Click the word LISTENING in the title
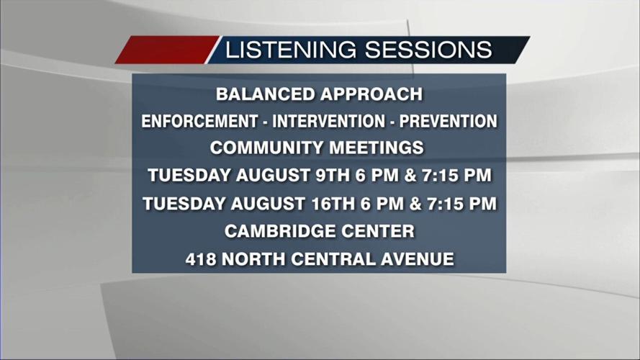tap(291, 50)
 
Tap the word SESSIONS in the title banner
tap(428, 50)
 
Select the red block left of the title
tap(167, 50)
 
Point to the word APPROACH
tap(371, 94)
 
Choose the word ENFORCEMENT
tap(199, 121)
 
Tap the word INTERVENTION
tap(328, 121)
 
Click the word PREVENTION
tap(449, 121)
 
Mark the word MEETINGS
tap(377, 148)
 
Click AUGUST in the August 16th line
tap(268, 204)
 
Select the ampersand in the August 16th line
tap(415, 204)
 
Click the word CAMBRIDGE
tap(280, 231)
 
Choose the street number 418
tap(201, 259)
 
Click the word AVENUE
tap(417, 259)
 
